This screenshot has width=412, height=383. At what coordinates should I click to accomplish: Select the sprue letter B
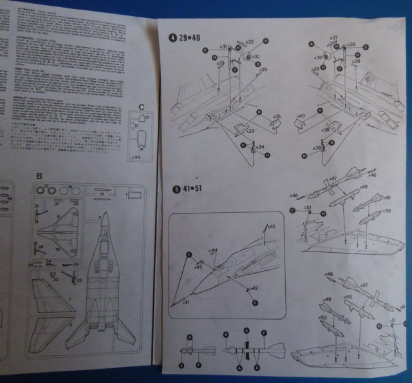(39, 175)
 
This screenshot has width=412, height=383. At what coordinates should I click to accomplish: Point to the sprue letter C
(142, 107)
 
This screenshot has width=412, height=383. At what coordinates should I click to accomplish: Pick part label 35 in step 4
(276, 117)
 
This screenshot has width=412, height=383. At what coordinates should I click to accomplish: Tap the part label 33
(248, 131)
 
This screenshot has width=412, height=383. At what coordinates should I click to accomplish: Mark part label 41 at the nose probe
(185, 302)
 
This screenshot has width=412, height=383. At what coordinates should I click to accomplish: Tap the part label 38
(326, 130)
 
